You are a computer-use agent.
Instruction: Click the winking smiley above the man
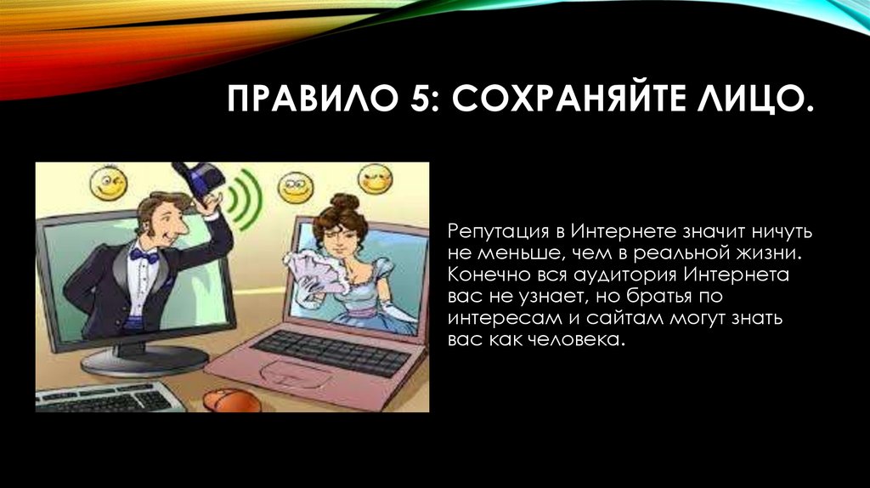[x=110, y=182]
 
